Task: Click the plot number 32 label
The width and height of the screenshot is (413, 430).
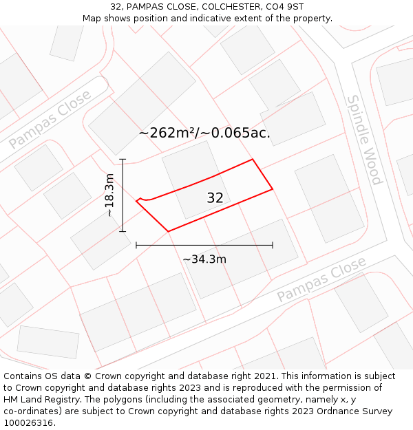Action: coord(215,198)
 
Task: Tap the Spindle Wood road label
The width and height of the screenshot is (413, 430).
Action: coord(364,140)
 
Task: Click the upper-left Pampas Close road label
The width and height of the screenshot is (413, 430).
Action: coord(50,120)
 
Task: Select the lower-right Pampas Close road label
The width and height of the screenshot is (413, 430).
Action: coord(321,280)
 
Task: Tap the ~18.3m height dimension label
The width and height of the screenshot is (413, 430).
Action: coord(109,195)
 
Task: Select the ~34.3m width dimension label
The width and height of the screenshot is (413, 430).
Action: coord(204,259)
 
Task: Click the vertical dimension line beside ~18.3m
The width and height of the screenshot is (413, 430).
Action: coord(123,195)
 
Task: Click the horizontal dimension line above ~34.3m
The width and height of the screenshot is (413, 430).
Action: coord(204,244)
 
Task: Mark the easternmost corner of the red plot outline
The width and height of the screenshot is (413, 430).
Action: coord(273,189)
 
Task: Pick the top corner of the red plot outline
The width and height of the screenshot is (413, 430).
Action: coord(253,160)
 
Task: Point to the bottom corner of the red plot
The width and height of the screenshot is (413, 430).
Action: coord(168,231)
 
